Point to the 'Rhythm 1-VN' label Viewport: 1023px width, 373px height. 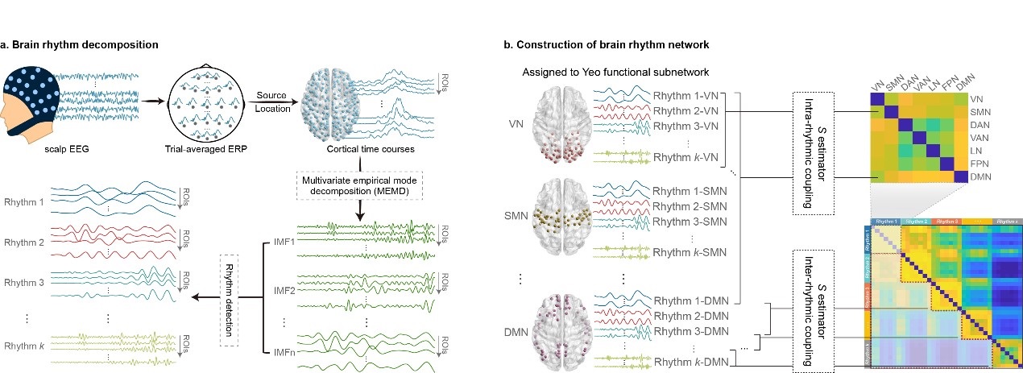click(687, 94)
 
